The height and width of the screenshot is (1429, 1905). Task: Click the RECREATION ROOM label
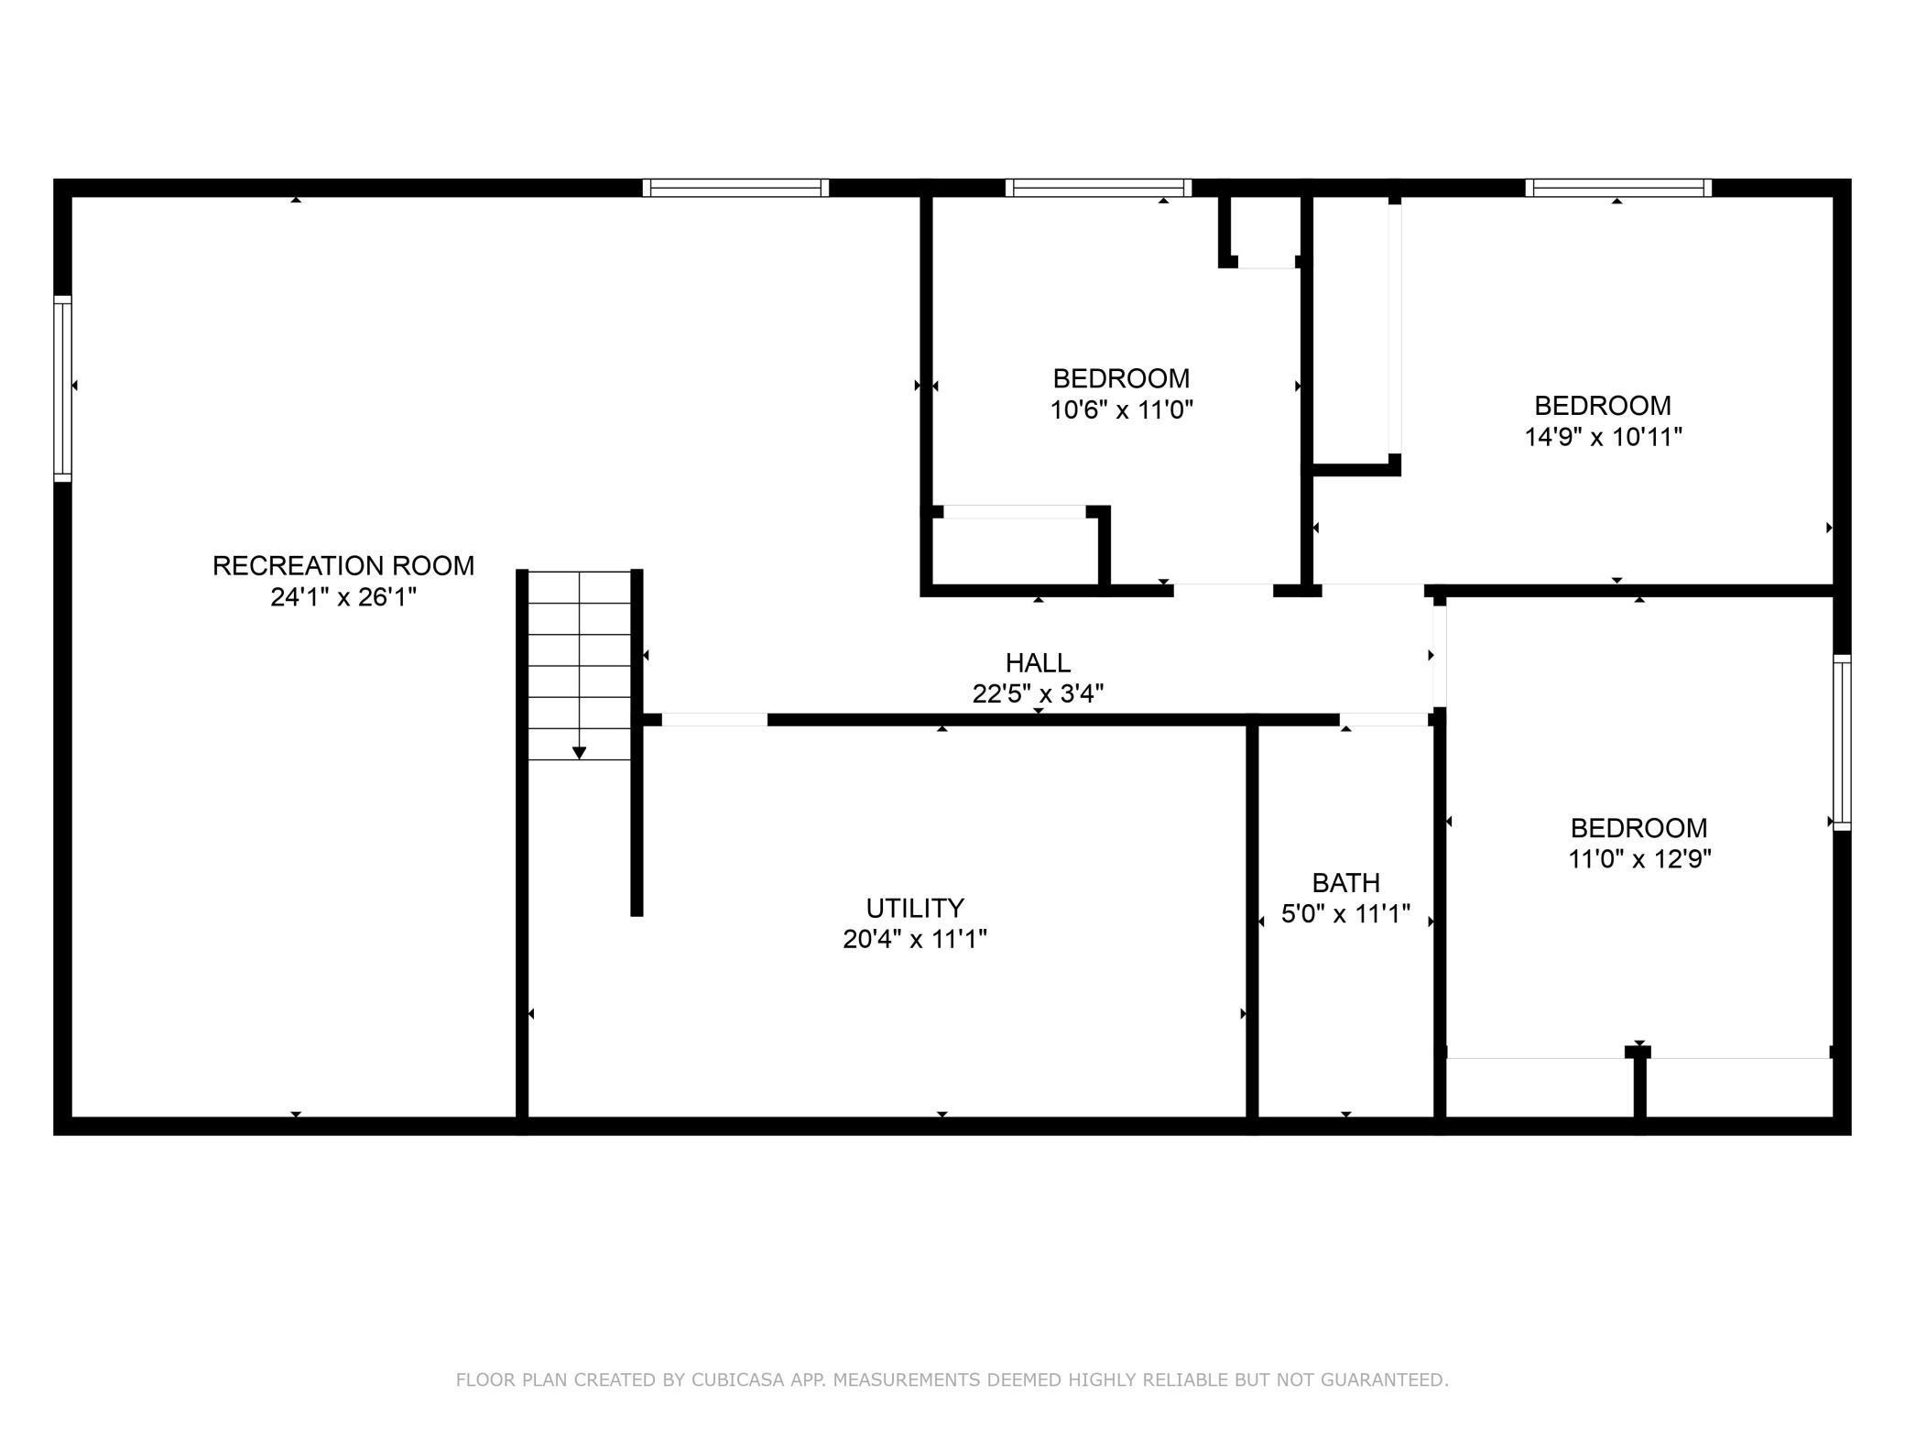click(x=343, y=566)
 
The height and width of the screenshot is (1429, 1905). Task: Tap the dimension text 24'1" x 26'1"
click(x=343, y=597)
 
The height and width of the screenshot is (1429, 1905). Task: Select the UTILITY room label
click(x=915, y=908)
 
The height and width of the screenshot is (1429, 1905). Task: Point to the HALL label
click(x=1038, y=662)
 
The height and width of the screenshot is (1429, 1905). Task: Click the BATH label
click(x=1345, y=883)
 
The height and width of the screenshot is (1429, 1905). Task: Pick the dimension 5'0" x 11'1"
click(x=1345, y=914)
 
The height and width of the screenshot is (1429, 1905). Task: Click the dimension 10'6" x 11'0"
click(x=1121, y=409)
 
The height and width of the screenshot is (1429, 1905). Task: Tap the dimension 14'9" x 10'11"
click(x=1603, y=437)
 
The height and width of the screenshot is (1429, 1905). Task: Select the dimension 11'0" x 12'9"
click(x=1639, y=859)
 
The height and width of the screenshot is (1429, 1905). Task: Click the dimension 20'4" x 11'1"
click(x=915, y=939)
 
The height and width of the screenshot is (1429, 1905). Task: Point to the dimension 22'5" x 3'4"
click(x=1038, y=693)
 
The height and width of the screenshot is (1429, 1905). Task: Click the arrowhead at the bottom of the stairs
click(x=579, y=753)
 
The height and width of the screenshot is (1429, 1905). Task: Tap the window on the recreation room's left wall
click(x=62, y=388)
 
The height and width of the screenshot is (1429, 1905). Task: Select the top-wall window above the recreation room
click(x=735, y=188)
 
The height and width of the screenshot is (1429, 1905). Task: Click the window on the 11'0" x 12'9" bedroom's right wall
click(x=1842, y=743)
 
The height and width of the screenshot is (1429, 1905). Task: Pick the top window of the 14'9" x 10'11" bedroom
click(x=1618, y=188)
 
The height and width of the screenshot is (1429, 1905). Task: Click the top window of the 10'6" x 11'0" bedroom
click(x=1098, y=188)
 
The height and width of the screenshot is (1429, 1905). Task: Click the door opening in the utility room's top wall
click(x=714, y=720)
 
